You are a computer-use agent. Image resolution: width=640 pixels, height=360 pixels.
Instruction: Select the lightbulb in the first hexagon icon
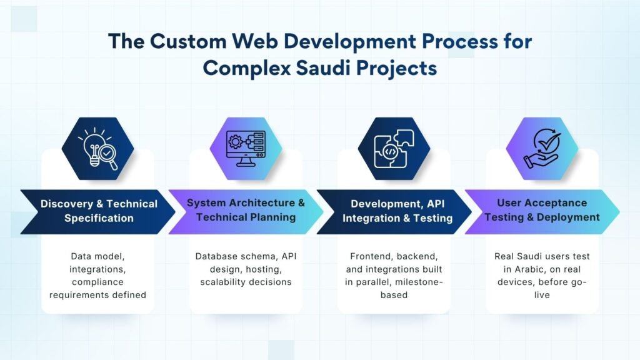[x=94, y=147]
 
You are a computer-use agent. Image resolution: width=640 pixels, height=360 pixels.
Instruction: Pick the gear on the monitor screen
[x=235, y=142]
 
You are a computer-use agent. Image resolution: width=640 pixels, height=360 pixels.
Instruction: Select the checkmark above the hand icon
[x=549, y=142]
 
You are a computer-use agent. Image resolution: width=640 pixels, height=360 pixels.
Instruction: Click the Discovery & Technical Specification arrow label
[x=99, y=211]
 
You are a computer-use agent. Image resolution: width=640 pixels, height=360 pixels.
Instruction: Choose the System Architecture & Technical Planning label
[x=246, y=210]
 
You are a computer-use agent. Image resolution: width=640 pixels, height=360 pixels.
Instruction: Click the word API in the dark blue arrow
[x=435, y=204]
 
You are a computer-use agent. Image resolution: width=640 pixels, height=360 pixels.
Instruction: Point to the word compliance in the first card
[x=97, y=282]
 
